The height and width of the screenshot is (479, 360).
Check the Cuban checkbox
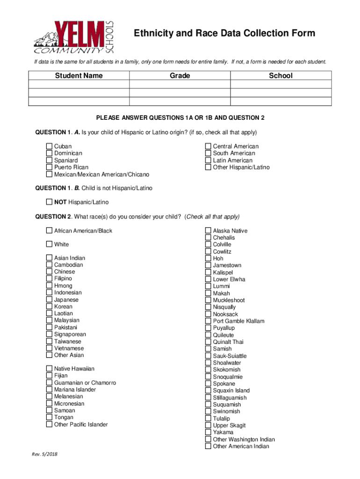pyautogui.click(x=49, y=146)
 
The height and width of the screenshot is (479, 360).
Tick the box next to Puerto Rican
pyautogui.click(x=49, y=167)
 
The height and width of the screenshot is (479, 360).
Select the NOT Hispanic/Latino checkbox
pyautogui.click(x=49, y=202)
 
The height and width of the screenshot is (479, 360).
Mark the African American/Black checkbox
pyautogui.click(x=49, y=231)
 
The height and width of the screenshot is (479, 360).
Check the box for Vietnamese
pyautogui.click(x=49, y=348)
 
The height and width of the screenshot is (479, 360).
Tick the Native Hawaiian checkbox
pyautogui.click(x=49, y=369)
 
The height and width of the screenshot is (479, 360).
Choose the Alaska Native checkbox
pyautogui.click(x=209, y=231)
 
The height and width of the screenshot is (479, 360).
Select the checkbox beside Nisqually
pyautogui.click(x=209, y=307)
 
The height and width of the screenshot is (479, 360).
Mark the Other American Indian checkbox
pyautogui.click(x=209, y=446)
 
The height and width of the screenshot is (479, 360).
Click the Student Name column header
pyautogui.click(x=79, y=76)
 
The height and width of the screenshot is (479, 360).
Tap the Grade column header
pyautogui.click(x=180, y=76)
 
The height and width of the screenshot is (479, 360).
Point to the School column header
pyautogui.click(x=281, y=76)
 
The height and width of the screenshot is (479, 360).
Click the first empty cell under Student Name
pyautogui.click(x=79, y=85)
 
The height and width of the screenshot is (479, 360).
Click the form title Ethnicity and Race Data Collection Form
pyautogui.click(x=224, y=33)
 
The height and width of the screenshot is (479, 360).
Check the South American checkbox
pyautogui.click(x=209, y=153)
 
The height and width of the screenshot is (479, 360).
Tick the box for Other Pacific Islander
pyautogui.click(x=49, y=424)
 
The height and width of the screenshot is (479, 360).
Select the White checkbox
pyautogui.click(x=49, y=244)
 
